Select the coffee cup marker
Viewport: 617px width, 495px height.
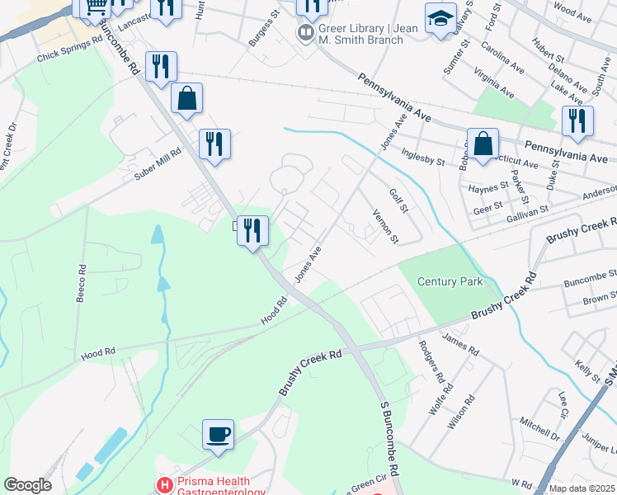[218, 434]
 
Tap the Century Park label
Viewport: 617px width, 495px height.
[449, 281]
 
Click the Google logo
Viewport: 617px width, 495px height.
[27, 485]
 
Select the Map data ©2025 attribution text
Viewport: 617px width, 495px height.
[582, 488]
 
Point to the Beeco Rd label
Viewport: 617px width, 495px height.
[82, 282]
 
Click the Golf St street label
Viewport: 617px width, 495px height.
[399, 199]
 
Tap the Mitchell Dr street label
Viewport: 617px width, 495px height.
[539, 430]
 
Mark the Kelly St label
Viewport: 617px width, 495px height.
[587, 371]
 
